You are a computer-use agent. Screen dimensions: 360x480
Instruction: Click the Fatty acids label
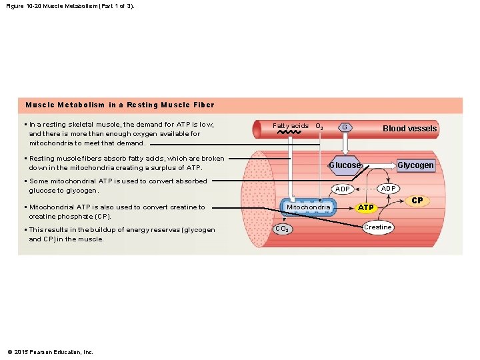point(291,125)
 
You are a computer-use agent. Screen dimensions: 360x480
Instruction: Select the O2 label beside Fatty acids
point(319,126)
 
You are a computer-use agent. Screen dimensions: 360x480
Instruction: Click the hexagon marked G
point(344,127)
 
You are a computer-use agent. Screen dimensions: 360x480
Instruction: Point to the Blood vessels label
point(409,129)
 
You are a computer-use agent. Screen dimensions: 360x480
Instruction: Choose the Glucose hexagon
point(345,165)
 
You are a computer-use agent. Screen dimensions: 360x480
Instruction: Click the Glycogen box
point(415,165)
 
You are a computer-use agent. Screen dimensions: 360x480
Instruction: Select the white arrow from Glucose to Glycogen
point(379,165)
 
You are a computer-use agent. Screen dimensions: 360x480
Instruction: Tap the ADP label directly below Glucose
point(343,189)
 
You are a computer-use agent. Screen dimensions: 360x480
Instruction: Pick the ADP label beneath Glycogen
point(389,188)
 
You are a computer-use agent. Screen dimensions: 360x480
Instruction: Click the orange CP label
point(417,200)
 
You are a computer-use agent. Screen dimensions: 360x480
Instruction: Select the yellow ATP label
point(367,208)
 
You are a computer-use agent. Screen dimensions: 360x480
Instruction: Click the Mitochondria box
point(308,207)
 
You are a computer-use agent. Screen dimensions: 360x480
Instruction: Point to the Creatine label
point(377,227)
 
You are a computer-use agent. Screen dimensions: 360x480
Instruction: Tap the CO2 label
point(282,229)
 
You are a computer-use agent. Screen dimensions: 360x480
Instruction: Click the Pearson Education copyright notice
point(50,352)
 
